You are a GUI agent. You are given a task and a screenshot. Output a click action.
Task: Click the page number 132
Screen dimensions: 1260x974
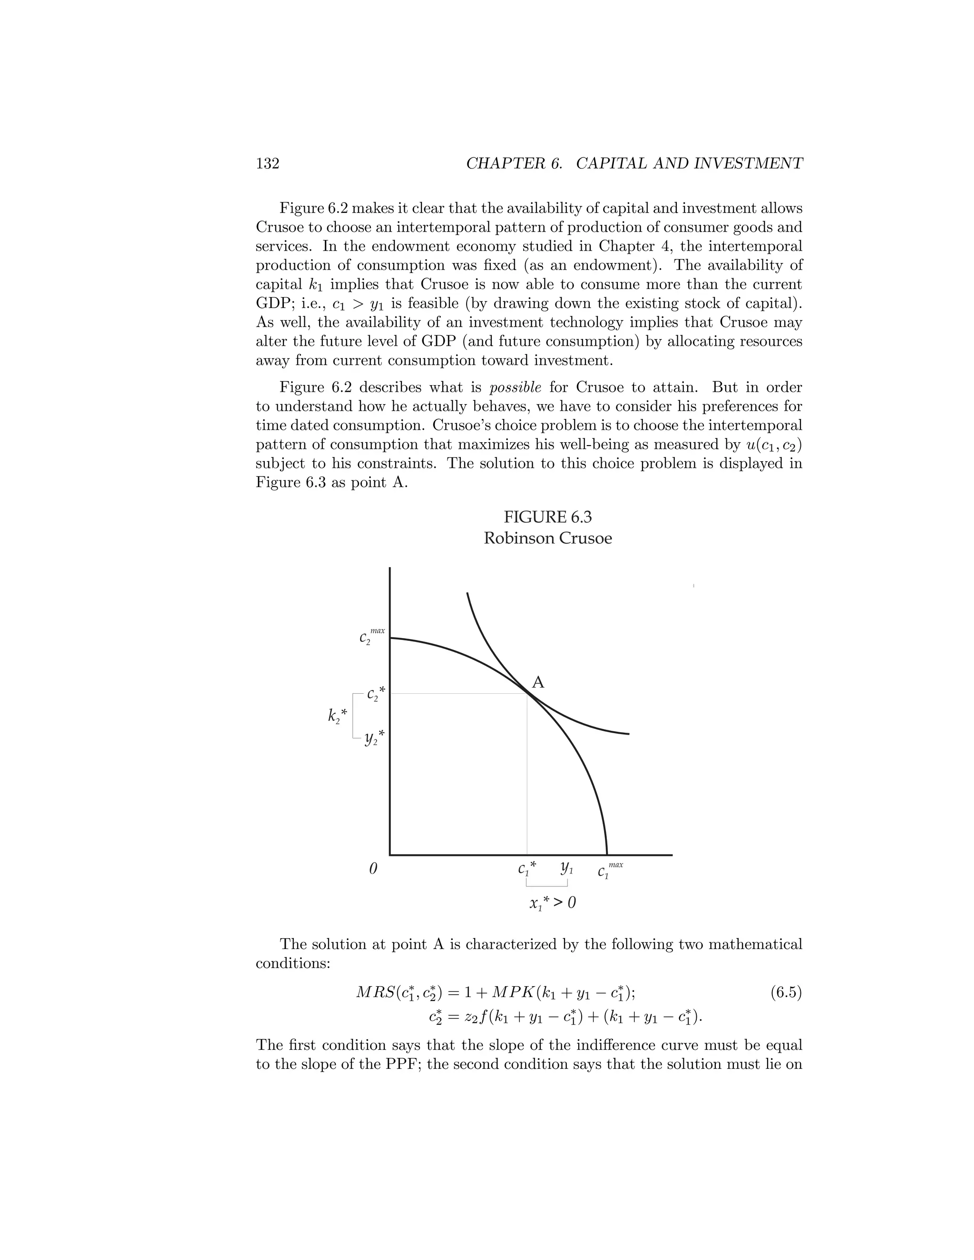point(267,164)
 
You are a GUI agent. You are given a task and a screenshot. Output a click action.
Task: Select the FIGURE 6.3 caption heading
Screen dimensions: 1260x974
point(547,517)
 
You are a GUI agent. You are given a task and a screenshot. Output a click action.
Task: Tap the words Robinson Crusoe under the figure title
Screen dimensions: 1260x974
point(547,538)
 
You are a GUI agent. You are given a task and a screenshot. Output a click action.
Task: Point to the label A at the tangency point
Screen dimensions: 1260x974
point(538,682)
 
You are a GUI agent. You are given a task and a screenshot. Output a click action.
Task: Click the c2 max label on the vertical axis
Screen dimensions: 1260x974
point(371,636)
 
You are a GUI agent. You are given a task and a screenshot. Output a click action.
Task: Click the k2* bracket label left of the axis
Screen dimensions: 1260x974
point(338,716)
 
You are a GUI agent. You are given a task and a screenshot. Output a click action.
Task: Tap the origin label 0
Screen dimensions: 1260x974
point(373,869)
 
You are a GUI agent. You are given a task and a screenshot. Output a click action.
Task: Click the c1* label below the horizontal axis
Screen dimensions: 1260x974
point(527,868)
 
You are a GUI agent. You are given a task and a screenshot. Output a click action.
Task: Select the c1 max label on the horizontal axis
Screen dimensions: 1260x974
point(609,870)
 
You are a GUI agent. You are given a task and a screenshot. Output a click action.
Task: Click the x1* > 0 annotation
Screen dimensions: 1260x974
point(552,903)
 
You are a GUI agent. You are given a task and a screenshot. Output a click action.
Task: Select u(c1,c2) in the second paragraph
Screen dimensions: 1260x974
point(774,445)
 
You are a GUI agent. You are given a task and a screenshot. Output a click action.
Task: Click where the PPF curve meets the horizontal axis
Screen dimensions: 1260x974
point(607,854)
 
